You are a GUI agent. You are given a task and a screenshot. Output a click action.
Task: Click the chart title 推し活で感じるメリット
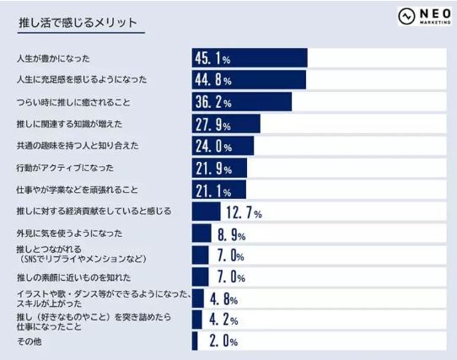click(x=78, y=23)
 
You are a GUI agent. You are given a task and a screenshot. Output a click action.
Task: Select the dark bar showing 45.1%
click(x=250, y=57)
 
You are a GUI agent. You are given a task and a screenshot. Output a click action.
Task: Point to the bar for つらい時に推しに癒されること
click(x=241, y=101)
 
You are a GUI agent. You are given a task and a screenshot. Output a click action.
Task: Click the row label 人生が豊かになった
click(x=54, y=58)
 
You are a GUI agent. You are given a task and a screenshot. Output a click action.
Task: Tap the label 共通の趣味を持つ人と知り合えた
click(x=78, y=146)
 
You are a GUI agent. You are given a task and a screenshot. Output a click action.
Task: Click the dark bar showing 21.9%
click(x=219, y=168)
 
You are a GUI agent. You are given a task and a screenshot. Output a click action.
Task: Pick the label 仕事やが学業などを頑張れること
click(x=78, y=190)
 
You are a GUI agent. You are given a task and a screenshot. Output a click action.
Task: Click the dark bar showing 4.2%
click(x=197, y=320)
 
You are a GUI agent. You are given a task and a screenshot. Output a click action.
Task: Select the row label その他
click(x=30, y=341)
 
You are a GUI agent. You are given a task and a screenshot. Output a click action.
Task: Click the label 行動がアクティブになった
click(x=66, y=168)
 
